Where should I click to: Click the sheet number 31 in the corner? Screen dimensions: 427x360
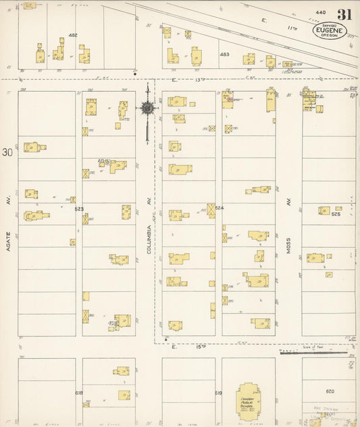coord(344,14)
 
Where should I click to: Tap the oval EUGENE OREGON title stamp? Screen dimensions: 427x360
coord(330,30)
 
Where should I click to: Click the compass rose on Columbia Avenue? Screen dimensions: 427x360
coord(147,107)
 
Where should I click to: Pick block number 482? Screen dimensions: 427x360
coord(73,35)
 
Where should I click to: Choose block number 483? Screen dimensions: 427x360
coord(224,54)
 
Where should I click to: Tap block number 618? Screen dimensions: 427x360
coord(78,393)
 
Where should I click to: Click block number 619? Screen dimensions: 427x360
coord(218,393)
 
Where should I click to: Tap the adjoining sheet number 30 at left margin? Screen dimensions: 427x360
coord(7,153)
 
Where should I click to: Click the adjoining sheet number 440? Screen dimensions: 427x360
coord(320,13)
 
